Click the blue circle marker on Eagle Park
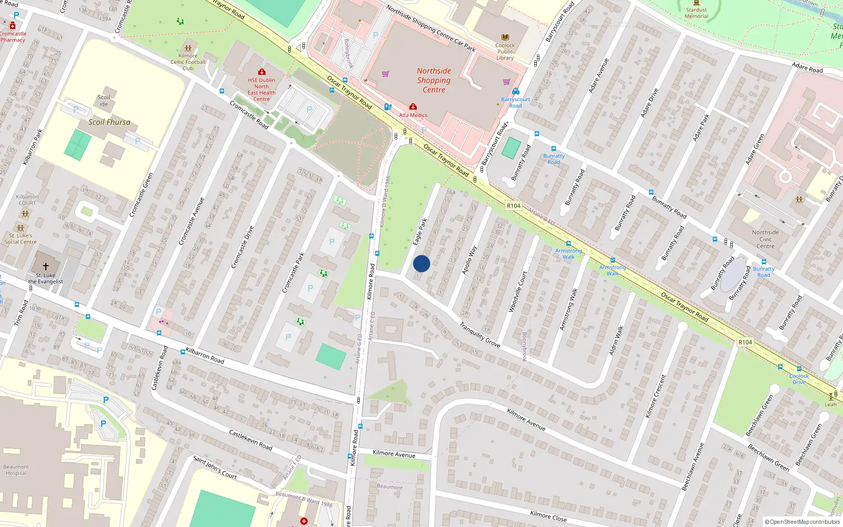tap(421, 263)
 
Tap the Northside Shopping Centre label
tap(434, 80)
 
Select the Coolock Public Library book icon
tap(505, 37)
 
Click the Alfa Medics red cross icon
tap(413, 107)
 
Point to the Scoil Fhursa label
tap(109, 122)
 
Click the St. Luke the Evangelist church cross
tap(45, 267)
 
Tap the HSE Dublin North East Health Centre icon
tap(261, 72)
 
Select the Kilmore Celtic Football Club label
tap(188, 62)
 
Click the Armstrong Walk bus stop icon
tap(568, 243)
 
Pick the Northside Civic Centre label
tap(765, 239)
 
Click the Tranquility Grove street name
tap(479, 335)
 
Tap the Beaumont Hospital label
tap(16, 470)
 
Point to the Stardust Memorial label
tap(696, 13)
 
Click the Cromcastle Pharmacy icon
tap(13, 25)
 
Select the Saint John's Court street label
tap(215, 467)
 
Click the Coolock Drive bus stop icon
tap(799, 369)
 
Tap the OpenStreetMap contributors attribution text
tap(802, 522)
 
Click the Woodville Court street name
tap(517, 292)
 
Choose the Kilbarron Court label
tap(27, 200)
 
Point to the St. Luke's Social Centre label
tap(21, 239)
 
